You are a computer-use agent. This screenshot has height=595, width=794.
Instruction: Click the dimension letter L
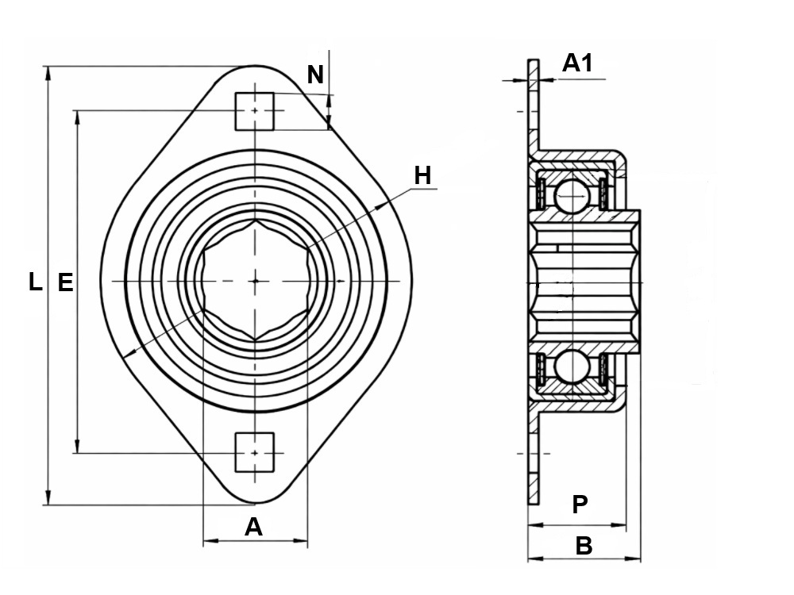pos(35,282)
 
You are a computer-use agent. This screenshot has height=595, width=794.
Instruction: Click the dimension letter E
pos(65,282)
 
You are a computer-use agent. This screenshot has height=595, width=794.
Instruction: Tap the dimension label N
pos(315,75)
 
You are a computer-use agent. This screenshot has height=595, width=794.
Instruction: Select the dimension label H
pos(423,175)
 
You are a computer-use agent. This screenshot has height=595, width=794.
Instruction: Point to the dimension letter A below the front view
pos(254,527)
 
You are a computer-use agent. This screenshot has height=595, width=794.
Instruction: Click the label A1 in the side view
pos(577,63)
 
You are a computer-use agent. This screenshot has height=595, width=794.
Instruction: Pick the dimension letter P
pos(580,504)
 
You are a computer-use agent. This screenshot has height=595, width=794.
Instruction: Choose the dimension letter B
pos(584,546)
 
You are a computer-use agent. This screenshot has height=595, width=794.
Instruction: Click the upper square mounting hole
pos(255,111)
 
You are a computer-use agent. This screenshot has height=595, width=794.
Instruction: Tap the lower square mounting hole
pos(255,452)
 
